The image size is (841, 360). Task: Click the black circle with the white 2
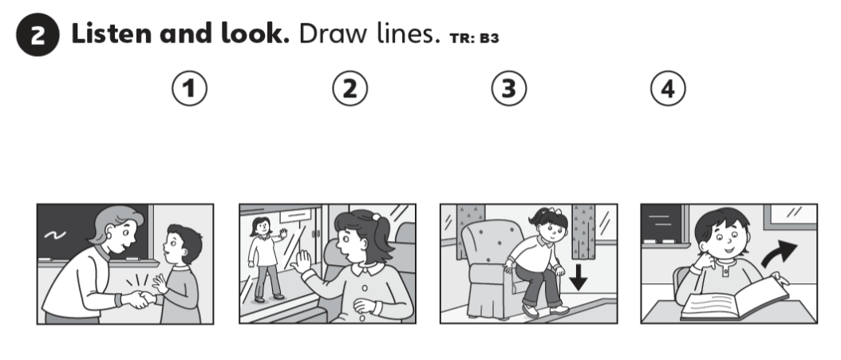pyautogui.click(x=38, y=35)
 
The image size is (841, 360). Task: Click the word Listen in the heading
pyautogui.click(x=112, y=34)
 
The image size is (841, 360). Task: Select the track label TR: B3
pyautogui.click(x=474, y=38)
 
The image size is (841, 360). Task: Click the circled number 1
pyautogui.click(x=189, y=89)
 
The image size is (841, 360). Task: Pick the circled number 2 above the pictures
pyautogui.click(x=349, y=89)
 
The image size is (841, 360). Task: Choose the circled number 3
pyautogui.click(x=509, y=89)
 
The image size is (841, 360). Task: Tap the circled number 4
pyautogui.click(x=668, y=89)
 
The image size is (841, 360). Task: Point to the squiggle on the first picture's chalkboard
pyautogui.click(x=55, y=235)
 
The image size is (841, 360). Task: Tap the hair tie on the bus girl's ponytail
pyautogui.click(x=377, y=217)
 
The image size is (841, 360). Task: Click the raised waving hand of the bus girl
pyautogui.click(x=302, y=261)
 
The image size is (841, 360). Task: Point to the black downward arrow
pyautogui.click(x=578, y=277)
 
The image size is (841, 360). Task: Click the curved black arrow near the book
pyautogui.click(x=780, y=253)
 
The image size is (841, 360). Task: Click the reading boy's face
pyautogui.click(x=724, y=240)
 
